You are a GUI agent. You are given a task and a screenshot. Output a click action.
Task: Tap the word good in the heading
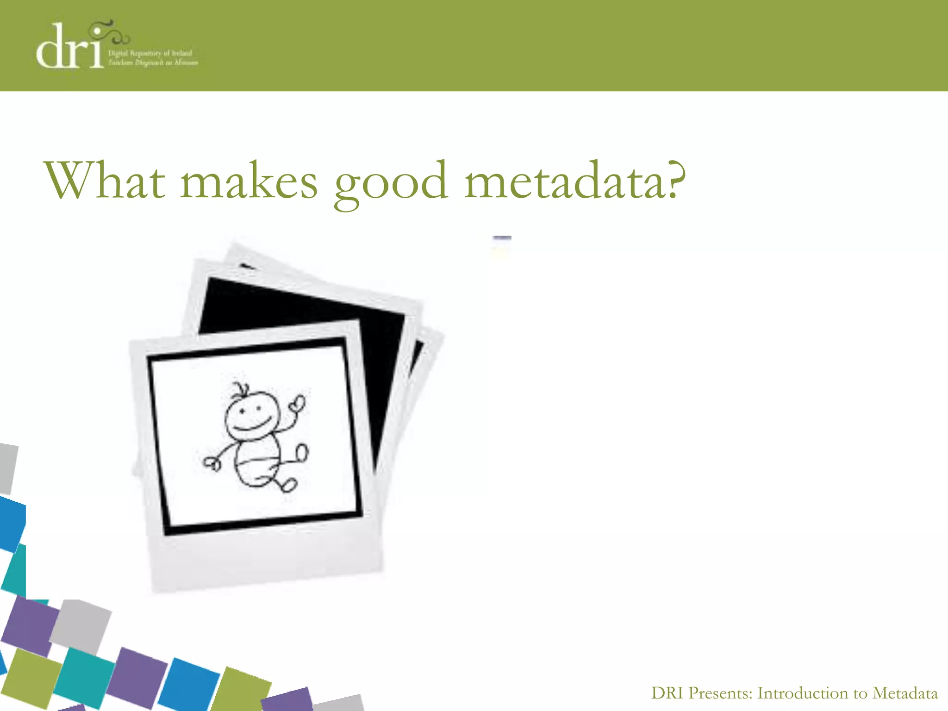391,183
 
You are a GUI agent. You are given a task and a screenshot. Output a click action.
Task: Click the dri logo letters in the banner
69,49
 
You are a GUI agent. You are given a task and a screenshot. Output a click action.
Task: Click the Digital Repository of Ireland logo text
153,58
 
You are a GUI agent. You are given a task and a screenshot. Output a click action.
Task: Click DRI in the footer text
667,693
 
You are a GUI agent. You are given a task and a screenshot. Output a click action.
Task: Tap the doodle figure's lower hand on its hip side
212,463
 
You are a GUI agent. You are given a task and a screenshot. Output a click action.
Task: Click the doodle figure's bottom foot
289,485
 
